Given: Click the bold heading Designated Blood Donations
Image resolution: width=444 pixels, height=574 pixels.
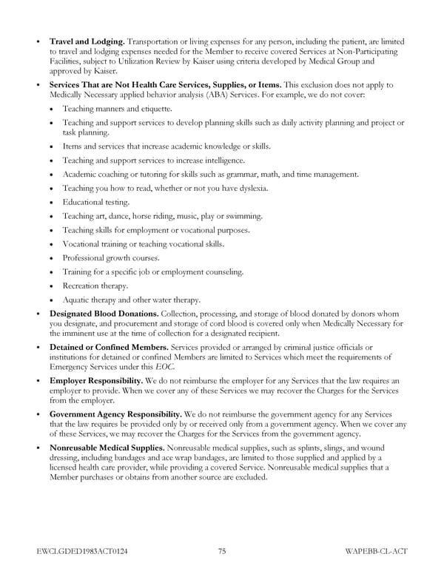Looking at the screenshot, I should click(x=104, y=314).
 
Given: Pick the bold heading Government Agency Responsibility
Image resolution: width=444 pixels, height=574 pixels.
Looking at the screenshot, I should click(x=115, y=414).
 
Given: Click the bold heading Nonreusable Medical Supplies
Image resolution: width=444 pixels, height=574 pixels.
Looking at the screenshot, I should click(x=108, y=448).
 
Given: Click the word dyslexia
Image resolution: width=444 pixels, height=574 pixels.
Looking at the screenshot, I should click(x=250, y=188).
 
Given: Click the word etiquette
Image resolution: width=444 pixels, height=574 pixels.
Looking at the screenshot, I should click(x=154, y=109).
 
